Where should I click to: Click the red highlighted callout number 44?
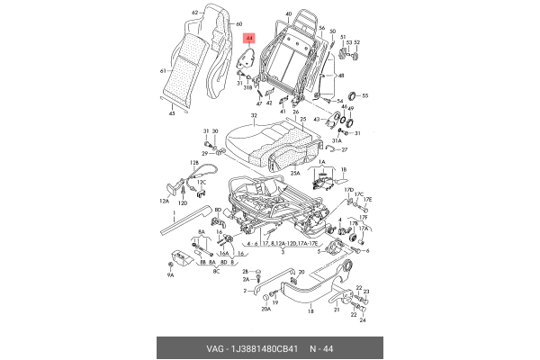tap(249, 39)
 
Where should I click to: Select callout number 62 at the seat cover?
tap(194, 13)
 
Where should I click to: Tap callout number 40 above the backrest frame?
tap(289, 14)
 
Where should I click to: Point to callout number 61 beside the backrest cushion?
tap(163, 70)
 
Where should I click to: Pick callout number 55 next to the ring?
tap(364, 94)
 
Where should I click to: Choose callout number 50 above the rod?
tap(331, 31)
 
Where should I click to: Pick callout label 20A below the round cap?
tap(266, 309)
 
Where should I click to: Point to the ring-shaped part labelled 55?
tap(352, 95)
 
